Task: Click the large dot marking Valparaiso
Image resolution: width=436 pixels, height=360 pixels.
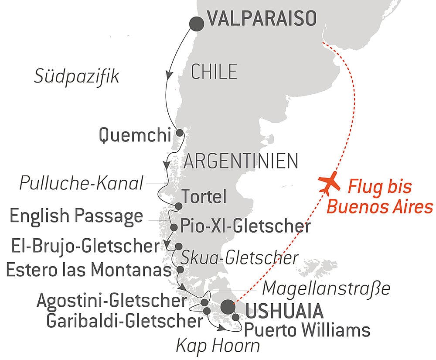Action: click(197, 23)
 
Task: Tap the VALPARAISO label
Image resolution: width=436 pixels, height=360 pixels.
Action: click(262, 20)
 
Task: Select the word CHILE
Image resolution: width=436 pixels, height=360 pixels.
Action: click(214, 71)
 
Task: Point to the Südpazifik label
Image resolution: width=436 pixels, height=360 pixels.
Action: click(77, 77)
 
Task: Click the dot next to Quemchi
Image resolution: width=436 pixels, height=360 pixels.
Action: click(179, 133)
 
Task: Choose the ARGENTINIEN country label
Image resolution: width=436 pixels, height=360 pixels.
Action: click(241, 161)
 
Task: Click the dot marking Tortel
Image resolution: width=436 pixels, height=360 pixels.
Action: click(178, 206)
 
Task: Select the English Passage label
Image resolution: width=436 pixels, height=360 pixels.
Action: click(76, 216)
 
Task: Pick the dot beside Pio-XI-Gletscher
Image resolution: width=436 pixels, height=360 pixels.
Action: click(174, 227)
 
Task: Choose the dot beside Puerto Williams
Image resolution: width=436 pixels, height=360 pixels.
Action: click(236, 318)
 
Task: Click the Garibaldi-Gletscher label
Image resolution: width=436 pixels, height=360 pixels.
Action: click(124, 322)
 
